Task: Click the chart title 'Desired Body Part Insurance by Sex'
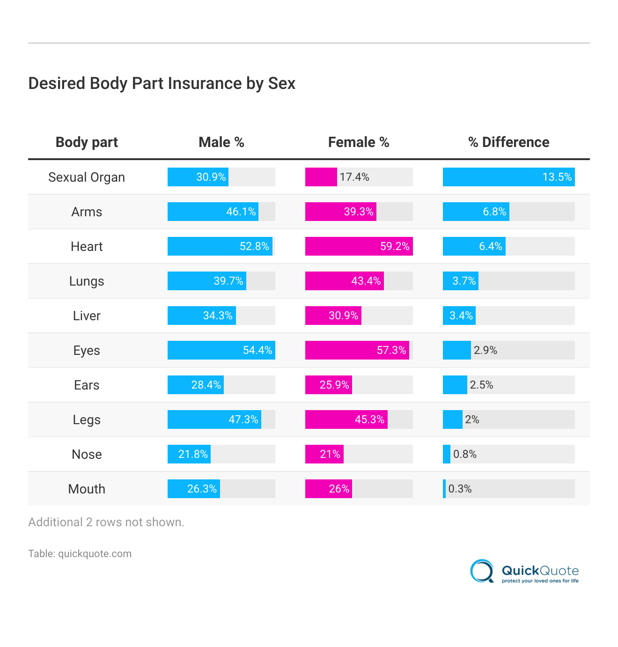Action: click(162, 83)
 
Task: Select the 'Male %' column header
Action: click(221, 142)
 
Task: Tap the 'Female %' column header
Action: click(359, 142)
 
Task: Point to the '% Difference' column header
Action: click(508, 142)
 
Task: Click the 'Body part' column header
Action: click(87, 142)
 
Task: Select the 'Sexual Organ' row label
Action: click(87, 177)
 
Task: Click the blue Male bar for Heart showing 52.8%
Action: click(220, 246)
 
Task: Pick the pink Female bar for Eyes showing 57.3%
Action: click(357, 350)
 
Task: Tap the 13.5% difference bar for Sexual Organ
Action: click(508, 177)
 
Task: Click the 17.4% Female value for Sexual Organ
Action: click(354, 177)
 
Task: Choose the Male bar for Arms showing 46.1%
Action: click(213, 212)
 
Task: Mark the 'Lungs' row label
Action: click(87, 281)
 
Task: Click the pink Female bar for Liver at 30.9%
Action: click(333, 316)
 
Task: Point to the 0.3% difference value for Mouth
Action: click(460, 489)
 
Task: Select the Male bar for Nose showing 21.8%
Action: click(189, 454)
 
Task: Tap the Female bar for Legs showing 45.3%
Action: click(346, 419)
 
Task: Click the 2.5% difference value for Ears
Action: click(481, 385)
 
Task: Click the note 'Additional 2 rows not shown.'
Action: click(106, 522)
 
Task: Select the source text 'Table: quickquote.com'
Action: click(80, 554)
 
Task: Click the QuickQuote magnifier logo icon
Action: click(482, 571)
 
